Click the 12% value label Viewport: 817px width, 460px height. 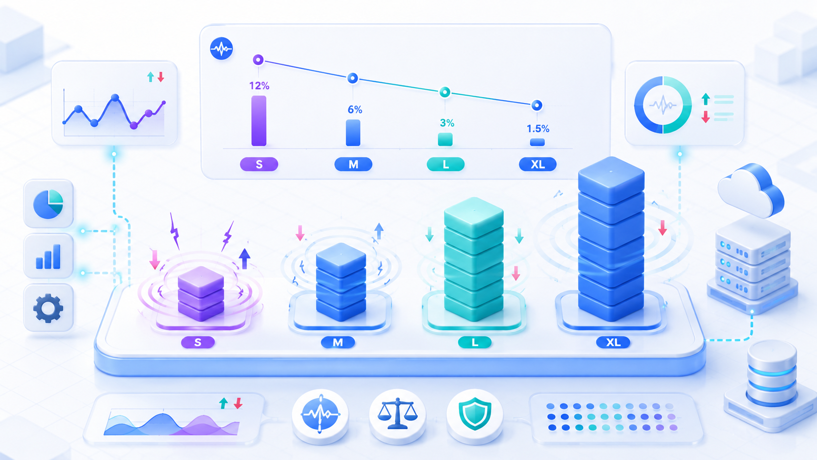click(259, 86)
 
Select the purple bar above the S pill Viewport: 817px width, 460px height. click(258, 121)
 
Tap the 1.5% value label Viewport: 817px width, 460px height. click(537, 129)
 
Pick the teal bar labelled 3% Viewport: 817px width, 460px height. click(445, 139)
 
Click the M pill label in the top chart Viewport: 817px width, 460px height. click(353, 165)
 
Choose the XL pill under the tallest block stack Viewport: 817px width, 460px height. click(613, 342)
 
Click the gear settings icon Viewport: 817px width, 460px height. click(48, 308)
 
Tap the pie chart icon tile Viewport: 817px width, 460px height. click(48, 203)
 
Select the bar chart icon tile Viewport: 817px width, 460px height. click(48, 257)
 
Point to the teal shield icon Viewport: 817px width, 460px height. click(474, 414)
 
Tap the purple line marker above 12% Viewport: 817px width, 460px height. click(258, 60)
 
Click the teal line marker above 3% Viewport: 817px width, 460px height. click(445, 92)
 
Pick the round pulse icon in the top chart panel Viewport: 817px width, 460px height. click(221, 48)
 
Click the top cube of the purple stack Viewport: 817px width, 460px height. click(201, 281)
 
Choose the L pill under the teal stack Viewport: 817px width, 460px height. click(474, 342)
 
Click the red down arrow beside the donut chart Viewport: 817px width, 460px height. click(706, 116)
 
